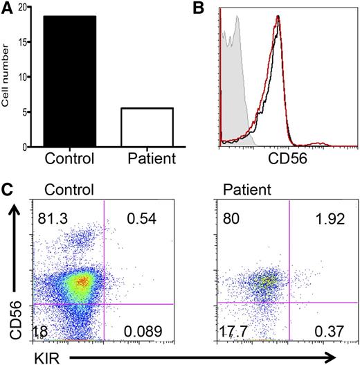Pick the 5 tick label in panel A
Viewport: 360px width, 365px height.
pyautogui.click(x=22, y=112)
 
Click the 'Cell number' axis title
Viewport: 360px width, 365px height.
pyautogui.click(x=6, y=77)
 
